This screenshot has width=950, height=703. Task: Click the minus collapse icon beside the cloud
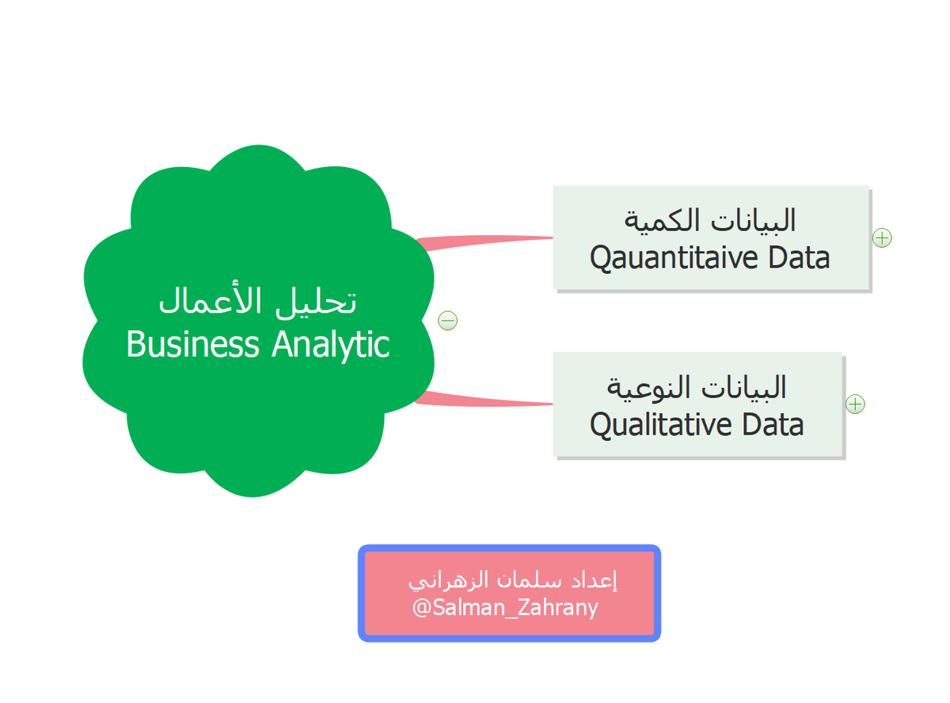tap(448, 321)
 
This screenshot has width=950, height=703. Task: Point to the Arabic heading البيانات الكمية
tap(711, 220)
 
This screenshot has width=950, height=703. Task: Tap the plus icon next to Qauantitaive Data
tap(882, 237)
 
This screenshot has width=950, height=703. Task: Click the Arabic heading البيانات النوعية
tap(697, 387)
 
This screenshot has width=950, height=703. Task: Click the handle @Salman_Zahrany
tap(505, 609)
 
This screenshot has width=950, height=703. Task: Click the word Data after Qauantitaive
tap(794, 258)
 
